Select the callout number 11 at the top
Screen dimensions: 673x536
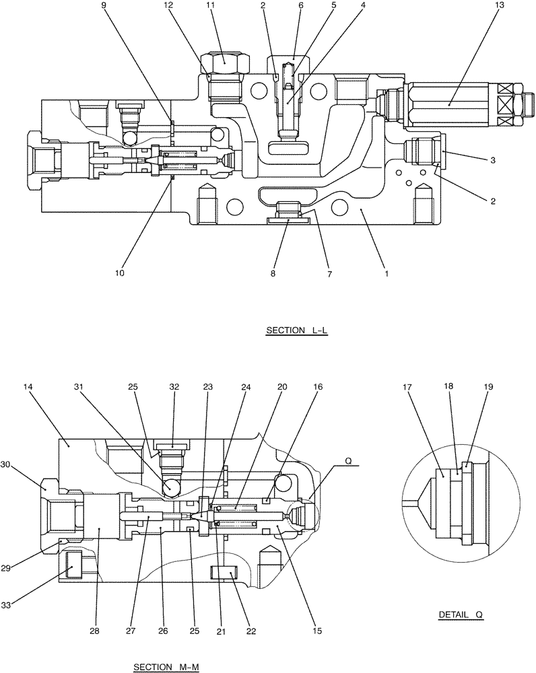[210, 5]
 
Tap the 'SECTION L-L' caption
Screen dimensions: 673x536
[296, 330]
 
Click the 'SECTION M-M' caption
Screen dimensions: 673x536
[166, 667]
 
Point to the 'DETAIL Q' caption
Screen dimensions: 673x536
[460, 614]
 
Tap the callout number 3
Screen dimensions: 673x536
[493, 160]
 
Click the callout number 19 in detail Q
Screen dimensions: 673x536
[489, 388]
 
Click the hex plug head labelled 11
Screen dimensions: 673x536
[224, 61]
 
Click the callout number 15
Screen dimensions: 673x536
[317, 632]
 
